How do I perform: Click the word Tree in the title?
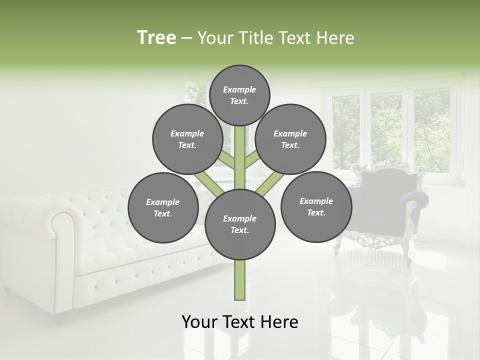156,38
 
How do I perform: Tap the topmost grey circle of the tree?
239,95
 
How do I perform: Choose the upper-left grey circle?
187,139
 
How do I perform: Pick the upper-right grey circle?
290,139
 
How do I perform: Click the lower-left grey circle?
163,207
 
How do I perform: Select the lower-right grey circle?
316,206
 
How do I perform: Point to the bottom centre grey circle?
240,224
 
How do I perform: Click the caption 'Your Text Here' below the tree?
239,322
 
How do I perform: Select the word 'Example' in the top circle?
239,89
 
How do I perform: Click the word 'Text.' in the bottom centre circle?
239,230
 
